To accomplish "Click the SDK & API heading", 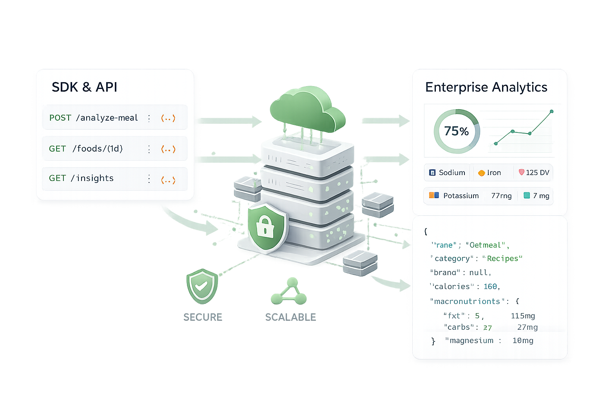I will pyautogui.click(x=84, y=87).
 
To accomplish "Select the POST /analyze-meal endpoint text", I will pyautogui.click(x=94, y=117).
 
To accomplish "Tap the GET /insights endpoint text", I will pyautogui.click(x=81, y=178).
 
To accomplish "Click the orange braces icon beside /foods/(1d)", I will pyautogui.click(x=168, y=149).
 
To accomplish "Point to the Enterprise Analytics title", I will pyautogui.click(x=486, y=87).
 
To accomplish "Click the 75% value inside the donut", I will pyautogui.click(x=456, y=131).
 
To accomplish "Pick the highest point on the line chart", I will pyautogui.click(x=551, y=112).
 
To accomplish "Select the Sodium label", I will pyautogui.click(x=452, y=173).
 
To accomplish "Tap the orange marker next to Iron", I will pyautogui.click(x=481, y=173).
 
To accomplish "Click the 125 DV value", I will pyautogui.click(x=537, y=173).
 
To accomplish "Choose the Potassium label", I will pyautogui.click(x=461, y=196).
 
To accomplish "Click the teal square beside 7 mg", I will pyautogui.click(x=527, y=195).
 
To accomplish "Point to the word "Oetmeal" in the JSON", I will pyautogui.click(x=485, y=245).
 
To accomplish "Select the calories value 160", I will pyautogui.click(x=490, y=287).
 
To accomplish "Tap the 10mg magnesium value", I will pyautogui.click(x=523, y=341).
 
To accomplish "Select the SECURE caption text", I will pyautogui.click(x=203, y=317).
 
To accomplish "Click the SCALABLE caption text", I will pyautogui.click(x=290, y=317).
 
